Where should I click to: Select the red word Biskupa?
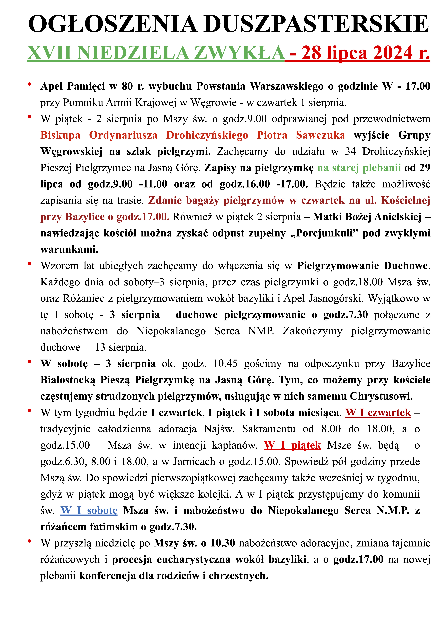coord(60,135)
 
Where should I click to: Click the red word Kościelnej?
coord(405,200)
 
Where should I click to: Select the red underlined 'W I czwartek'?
coord(378,413)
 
